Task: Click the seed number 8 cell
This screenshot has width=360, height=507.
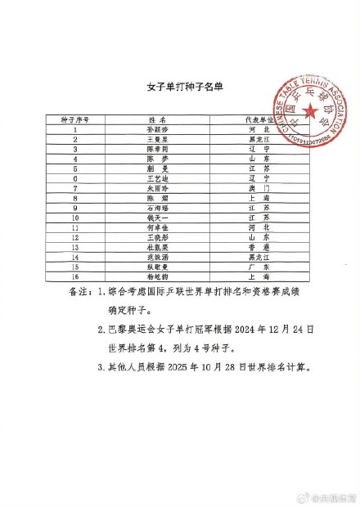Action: pyautogui.click(x=75, y=197)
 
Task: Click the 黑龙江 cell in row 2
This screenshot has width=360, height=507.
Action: pyautogui.click(x=256, y=139)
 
